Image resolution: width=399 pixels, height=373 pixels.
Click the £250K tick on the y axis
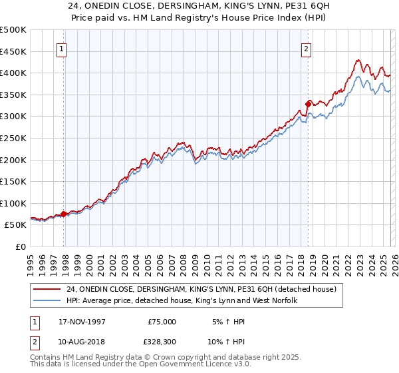tap(13, 138)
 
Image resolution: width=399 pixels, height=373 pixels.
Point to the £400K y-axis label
tap(13, 73)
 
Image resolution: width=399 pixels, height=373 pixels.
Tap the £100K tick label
tap(13, 203)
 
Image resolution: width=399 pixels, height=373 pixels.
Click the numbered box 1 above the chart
tap(62, 48)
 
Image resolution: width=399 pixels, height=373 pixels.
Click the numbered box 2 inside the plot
tap(306, 48)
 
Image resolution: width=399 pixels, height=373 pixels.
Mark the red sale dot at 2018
tap(308, 103)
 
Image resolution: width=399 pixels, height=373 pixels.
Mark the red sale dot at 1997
tap(64, 214)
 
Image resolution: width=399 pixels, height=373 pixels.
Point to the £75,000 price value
tap(162, 321)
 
